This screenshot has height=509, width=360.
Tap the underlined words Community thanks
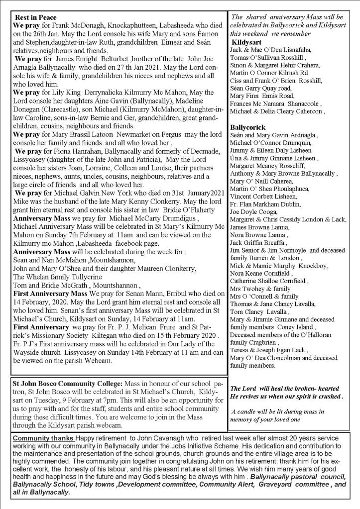pos(43,437)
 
